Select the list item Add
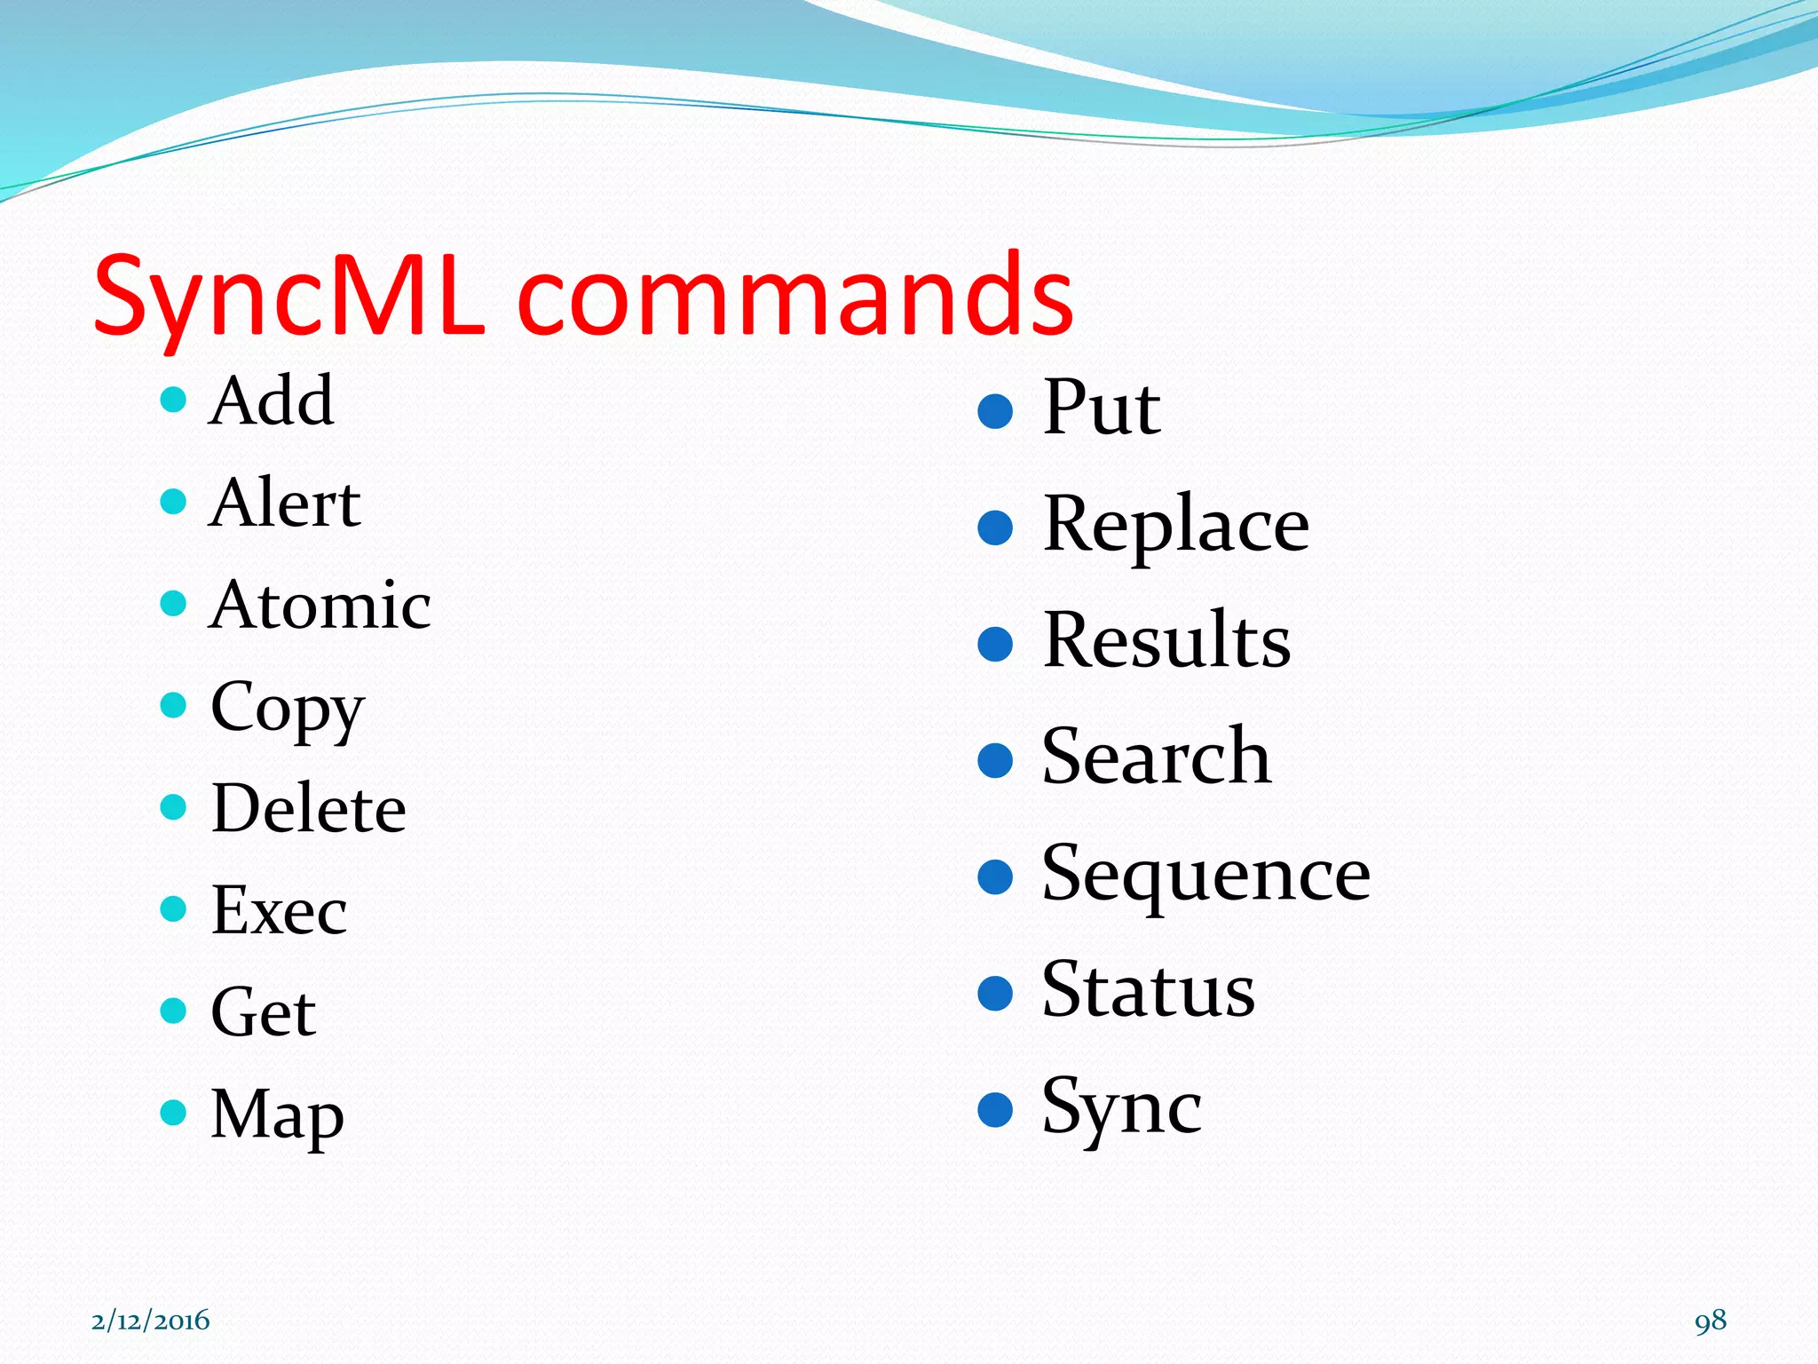click(x=271, y=401)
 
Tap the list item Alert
click(x=284, y=504)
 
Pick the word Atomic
click(x=320, y=606)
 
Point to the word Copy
click(x=288, y=708)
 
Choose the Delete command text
click(x=308, y=809)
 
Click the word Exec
click(x=279, y=911)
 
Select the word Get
click(x=263, y=1012)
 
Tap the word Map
click(x=277, y=1114)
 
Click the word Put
click(x=1101, y=408)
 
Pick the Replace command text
click(x=1175, y=526)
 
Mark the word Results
click(x=1166, y=641)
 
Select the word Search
click(x=1156, y=757)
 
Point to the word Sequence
click(x=1205, y=875)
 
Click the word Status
click(x=1148, y=991)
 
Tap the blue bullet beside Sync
click(x=995, y=1109)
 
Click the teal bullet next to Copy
click(x=173, y=706)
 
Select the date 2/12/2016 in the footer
click(x=150, y=1320)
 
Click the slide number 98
click(x=1710, y=1320)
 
